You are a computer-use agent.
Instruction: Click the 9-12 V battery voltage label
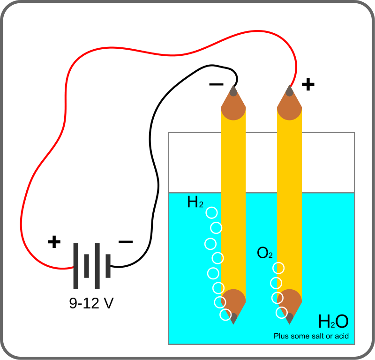click(x=91, y=303)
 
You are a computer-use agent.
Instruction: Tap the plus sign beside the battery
click(x=54, y=242)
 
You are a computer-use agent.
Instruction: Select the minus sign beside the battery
click(x=126, y=242)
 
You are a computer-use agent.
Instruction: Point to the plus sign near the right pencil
click(x=308, y=85)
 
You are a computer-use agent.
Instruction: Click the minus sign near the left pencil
click(x=216, y=85)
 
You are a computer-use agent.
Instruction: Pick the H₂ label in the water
click(x=195, y=202)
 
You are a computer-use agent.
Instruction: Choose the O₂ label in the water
click(x=265, y=254)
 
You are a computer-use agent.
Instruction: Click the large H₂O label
click(x=333, y=322)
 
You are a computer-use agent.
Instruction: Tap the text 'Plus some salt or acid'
click(x=311, y=336)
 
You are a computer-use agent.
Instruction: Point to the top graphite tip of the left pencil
click(x=233, y=90)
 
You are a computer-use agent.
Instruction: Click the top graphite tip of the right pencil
click(x=290, y=90)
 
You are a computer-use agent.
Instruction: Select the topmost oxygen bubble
click(x=279, y=268)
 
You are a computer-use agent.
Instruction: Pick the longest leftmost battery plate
click(x=75, y=266)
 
